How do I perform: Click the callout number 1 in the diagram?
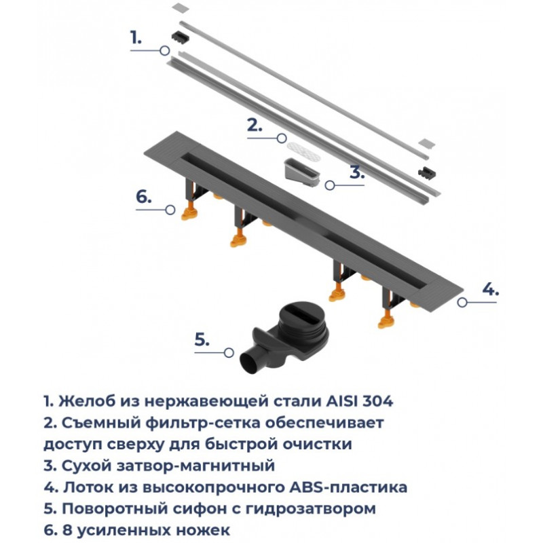tap(136, 37)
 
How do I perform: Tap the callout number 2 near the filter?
tap(255, 125)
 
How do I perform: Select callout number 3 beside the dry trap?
tap(357, 172)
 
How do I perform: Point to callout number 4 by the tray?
tap(491, 289)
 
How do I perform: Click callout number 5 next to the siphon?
tap(202, 340)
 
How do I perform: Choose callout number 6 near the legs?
tap(144, 197)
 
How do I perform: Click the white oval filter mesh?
tap(305, 150)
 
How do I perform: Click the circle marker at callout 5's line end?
tap(229, 353)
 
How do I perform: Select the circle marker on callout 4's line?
tap(462, 302)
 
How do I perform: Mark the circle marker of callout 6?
tap(170, 210)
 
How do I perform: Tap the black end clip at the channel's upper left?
tap(181, 37)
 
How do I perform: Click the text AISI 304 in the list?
tap(360, 401)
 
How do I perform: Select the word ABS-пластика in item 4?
tap(348, 487)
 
